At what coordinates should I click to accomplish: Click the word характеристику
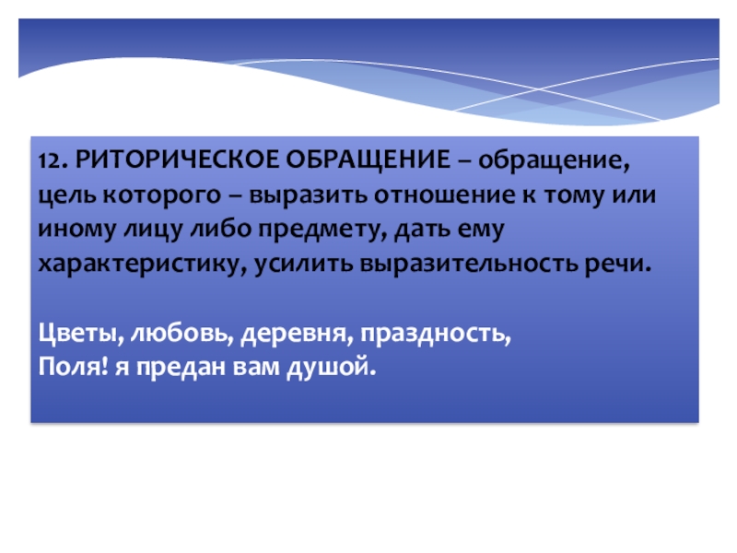136,263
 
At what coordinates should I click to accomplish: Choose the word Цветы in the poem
80,331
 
